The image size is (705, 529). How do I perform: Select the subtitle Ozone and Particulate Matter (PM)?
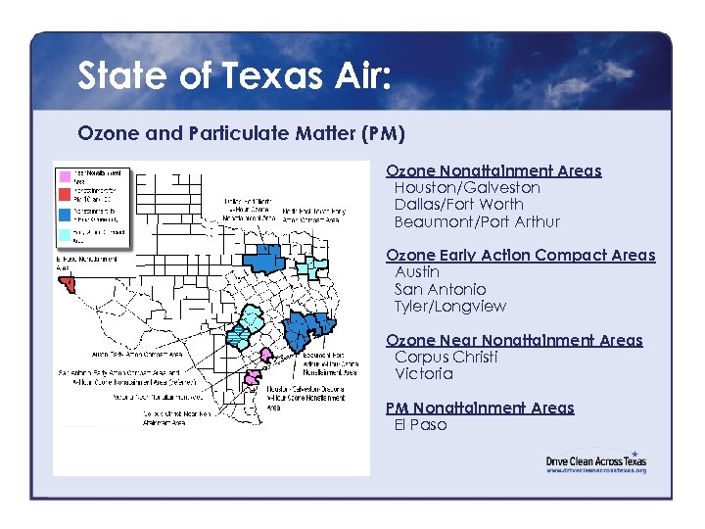click(x=241, y=132)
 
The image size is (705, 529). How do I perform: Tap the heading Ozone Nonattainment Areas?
click(x=493, y=170)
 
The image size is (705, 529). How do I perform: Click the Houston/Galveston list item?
click(x=466, y=187)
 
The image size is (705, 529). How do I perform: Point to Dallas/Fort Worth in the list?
click(x=458, y=204)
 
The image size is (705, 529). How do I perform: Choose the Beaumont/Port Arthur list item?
click(x=477, y=221)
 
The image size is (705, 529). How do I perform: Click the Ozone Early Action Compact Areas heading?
click(x=520, y=255)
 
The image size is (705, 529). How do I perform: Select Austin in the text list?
click(x=417, y=271)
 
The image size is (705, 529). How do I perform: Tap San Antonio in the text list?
click(x=440, y=289)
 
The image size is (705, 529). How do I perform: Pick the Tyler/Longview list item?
click(x=450, y=306)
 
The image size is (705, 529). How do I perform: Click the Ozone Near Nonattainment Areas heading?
click(x=514, y=340)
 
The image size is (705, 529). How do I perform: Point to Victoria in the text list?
click(x=423, y=373)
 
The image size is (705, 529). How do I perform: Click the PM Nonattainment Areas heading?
click(x=480, y=408)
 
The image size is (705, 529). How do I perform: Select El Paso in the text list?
click(x=420, y=424)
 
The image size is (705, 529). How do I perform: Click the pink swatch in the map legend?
click(x=64, y=176)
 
